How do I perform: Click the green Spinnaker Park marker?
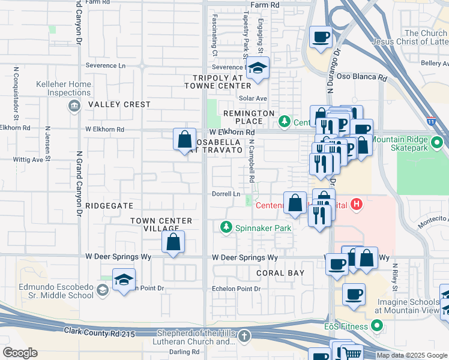pos(226,227)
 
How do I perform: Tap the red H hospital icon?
pos(357,205)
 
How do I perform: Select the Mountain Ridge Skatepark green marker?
pos(437,143)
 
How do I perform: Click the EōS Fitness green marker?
pos(377,326)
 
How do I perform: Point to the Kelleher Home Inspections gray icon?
pos(74,106)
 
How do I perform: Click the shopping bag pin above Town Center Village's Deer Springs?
pos(173,243)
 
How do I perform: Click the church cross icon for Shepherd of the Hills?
pos(244,337)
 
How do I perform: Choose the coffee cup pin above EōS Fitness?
pos(354,295)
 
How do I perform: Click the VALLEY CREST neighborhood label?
pos(119,104)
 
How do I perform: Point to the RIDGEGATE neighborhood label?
pos(109,205)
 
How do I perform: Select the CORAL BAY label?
pos(280,272)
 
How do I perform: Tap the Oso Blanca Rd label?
pos(365,77)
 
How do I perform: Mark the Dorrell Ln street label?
pos(226,194)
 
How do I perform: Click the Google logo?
pos(20,353)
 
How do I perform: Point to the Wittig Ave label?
pos(29,160)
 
